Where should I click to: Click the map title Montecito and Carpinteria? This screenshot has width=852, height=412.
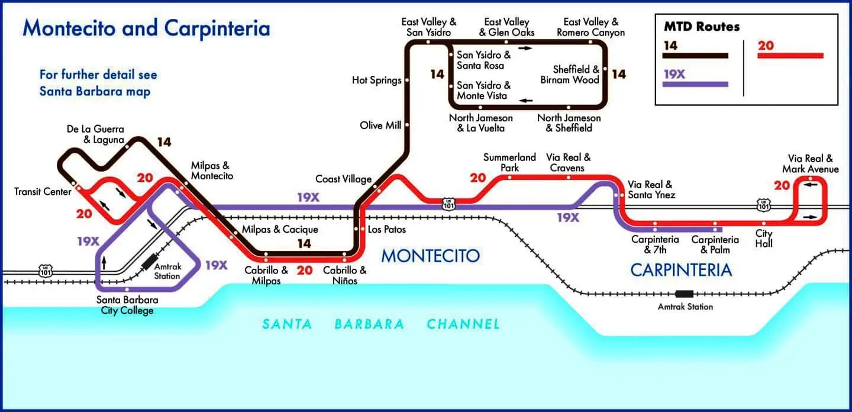(146, 28)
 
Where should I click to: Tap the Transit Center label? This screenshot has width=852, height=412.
(43, 192)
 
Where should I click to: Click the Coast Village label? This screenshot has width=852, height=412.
(343, 179)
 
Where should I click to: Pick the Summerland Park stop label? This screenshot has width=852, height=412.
(509, 162)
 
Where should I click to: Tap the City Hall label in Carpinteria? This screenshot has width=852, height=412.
(763, 239)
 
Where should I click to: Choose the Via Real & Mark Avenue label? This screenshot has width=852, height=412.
(810, 164)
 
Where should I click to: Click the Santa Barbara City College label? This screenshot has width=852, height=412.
(127, 305)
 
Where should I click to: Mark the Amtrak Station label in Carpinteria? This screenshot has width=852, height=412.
(685, 307)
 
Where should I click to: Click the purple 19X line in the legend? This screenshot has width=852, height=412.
(695, 84)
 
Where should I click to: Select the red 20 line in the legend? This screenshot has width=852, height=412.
(790, 56)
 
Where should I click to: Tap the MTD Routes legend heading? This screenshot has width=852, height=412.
(701, 27)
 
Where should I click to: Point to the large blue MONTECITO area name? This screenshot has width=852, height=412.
(430, 256)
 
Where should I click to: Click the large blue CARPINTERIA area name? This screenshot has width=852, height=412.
(681, 270)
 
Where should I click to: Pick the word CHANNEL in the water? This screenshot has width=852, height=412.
(463, 324)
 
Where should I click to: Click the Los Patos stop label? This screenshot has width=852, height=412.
(386, 229)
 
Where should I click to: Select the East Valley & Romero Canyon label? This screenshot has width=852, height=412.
(590, 27)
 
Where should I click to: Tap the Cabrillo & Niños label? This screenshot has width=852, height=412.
(344, 275)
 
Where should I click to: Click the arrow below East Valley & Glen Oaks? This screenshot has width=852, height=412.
(526, 47)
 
